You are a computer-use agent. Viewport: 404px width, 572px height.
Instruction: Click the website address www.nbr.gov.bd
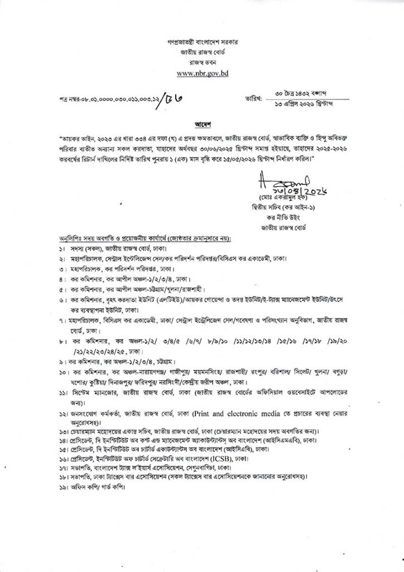pyautogui.click(x=202, y=73)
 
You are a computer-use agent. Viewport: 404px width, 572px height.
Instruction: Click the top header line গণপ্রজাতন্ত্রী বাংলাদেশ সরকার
pyautogui.click(x=202, y=42)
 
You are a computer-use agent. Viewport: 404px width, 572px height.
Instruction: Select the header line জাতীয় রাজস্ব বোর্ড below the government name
pyautogui.click(x=202, y=53)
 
